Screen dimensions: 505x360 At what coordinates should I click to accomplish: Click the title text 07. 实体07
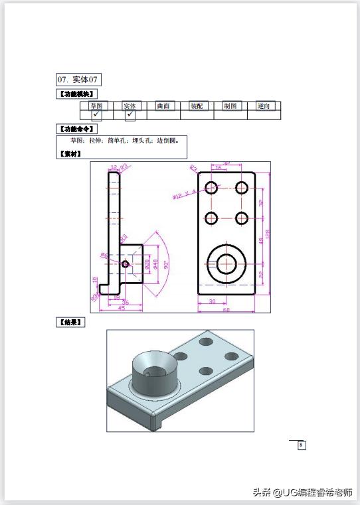pos(79,80)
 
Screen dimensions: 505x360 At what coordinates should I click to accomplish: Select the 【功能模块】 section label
pos(79,94)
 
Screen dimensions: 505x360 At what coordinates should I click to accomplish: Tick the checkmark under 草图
pos(96,115)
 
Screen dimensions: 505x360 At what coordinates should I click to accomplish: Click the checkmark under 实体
pos(130,115)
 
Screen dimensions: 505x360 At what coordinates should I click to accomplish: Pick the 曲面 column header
pos(163,106)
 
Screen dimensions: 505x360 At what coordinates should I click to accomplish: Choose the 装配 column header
pos(197,106)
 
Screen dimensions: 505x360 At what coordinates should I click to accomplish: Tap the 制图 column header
pos(230,106)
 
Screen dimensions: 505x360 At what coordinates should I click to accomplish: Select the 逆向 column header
pos(264,106)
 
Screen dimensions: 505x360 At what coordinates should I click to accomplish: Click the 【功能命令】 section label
pos(79,128)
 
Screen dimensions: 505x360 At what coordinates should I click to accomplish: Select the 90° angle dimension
pos(165,263)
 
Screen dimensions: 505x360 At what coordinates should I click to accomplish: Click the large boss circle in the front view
pos(226,263)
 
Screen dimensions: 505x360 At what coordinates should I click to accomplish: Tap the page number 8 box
pos(301,445)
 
